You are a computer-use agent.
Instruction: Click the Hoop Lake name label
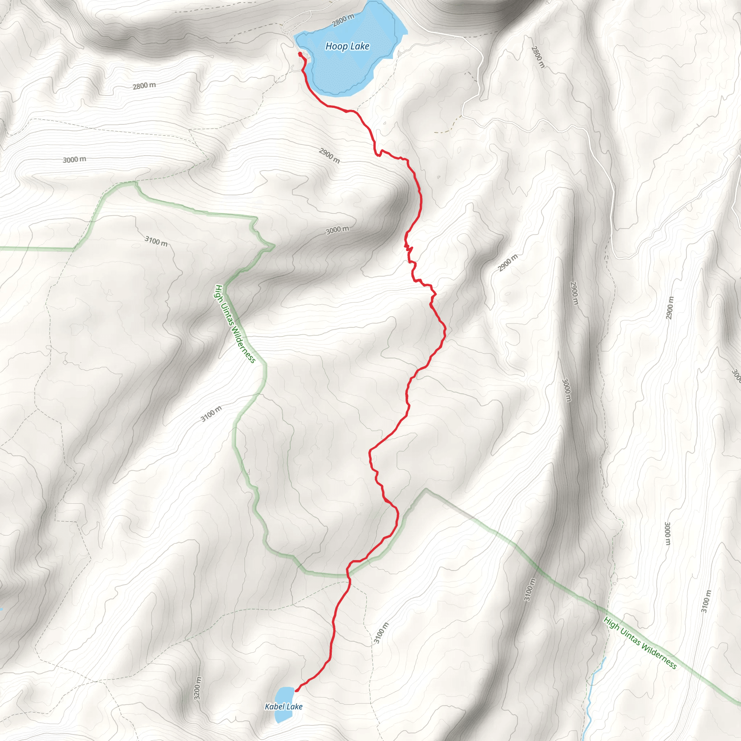(347, 46)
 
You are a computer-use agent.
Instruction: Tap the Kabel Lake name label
(283, 707)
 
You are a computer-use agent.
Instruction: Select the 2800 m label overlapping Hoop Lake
(343, 20)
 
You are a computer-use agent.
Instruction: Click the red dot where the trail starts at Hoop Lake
(300, 55)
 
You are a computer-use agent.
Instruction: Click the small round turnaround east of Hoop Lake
(399, 54)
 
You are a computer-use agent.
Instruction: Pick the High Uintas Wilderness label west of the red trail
(235, 324)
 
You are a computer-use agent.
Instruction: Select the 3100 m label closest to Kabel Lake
(381, 633)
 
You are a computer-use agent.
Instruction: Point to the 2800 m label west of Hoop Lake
(144, 85)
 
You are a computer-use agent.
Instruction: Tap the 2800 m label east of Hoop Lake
(538, 57)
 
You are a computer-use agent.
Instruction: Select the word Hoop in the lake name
(333, 46)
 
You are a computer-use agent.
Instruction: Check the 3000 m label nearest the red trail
(338, 230)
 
